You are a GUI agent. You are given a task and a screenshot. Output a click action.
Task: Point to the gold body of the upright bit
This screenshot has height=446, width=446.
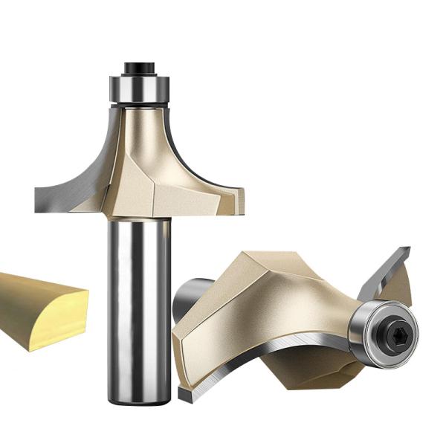coord(149,164)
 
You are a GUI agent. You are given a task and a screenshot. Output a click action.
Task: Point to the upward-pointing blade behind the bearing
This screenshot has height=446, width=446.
coord(385,279)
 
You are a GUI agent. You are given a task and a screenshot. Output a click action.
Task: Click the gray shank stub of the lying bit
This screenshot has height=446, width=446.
coord(190,294)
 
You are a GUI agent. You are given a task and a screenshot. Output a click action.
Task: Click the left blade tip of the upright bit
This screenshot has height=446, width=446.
coord(39,197)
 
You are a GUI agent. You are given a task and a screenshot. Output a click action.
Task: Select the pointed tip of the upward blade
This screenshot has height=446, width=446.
coord(407,250)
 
